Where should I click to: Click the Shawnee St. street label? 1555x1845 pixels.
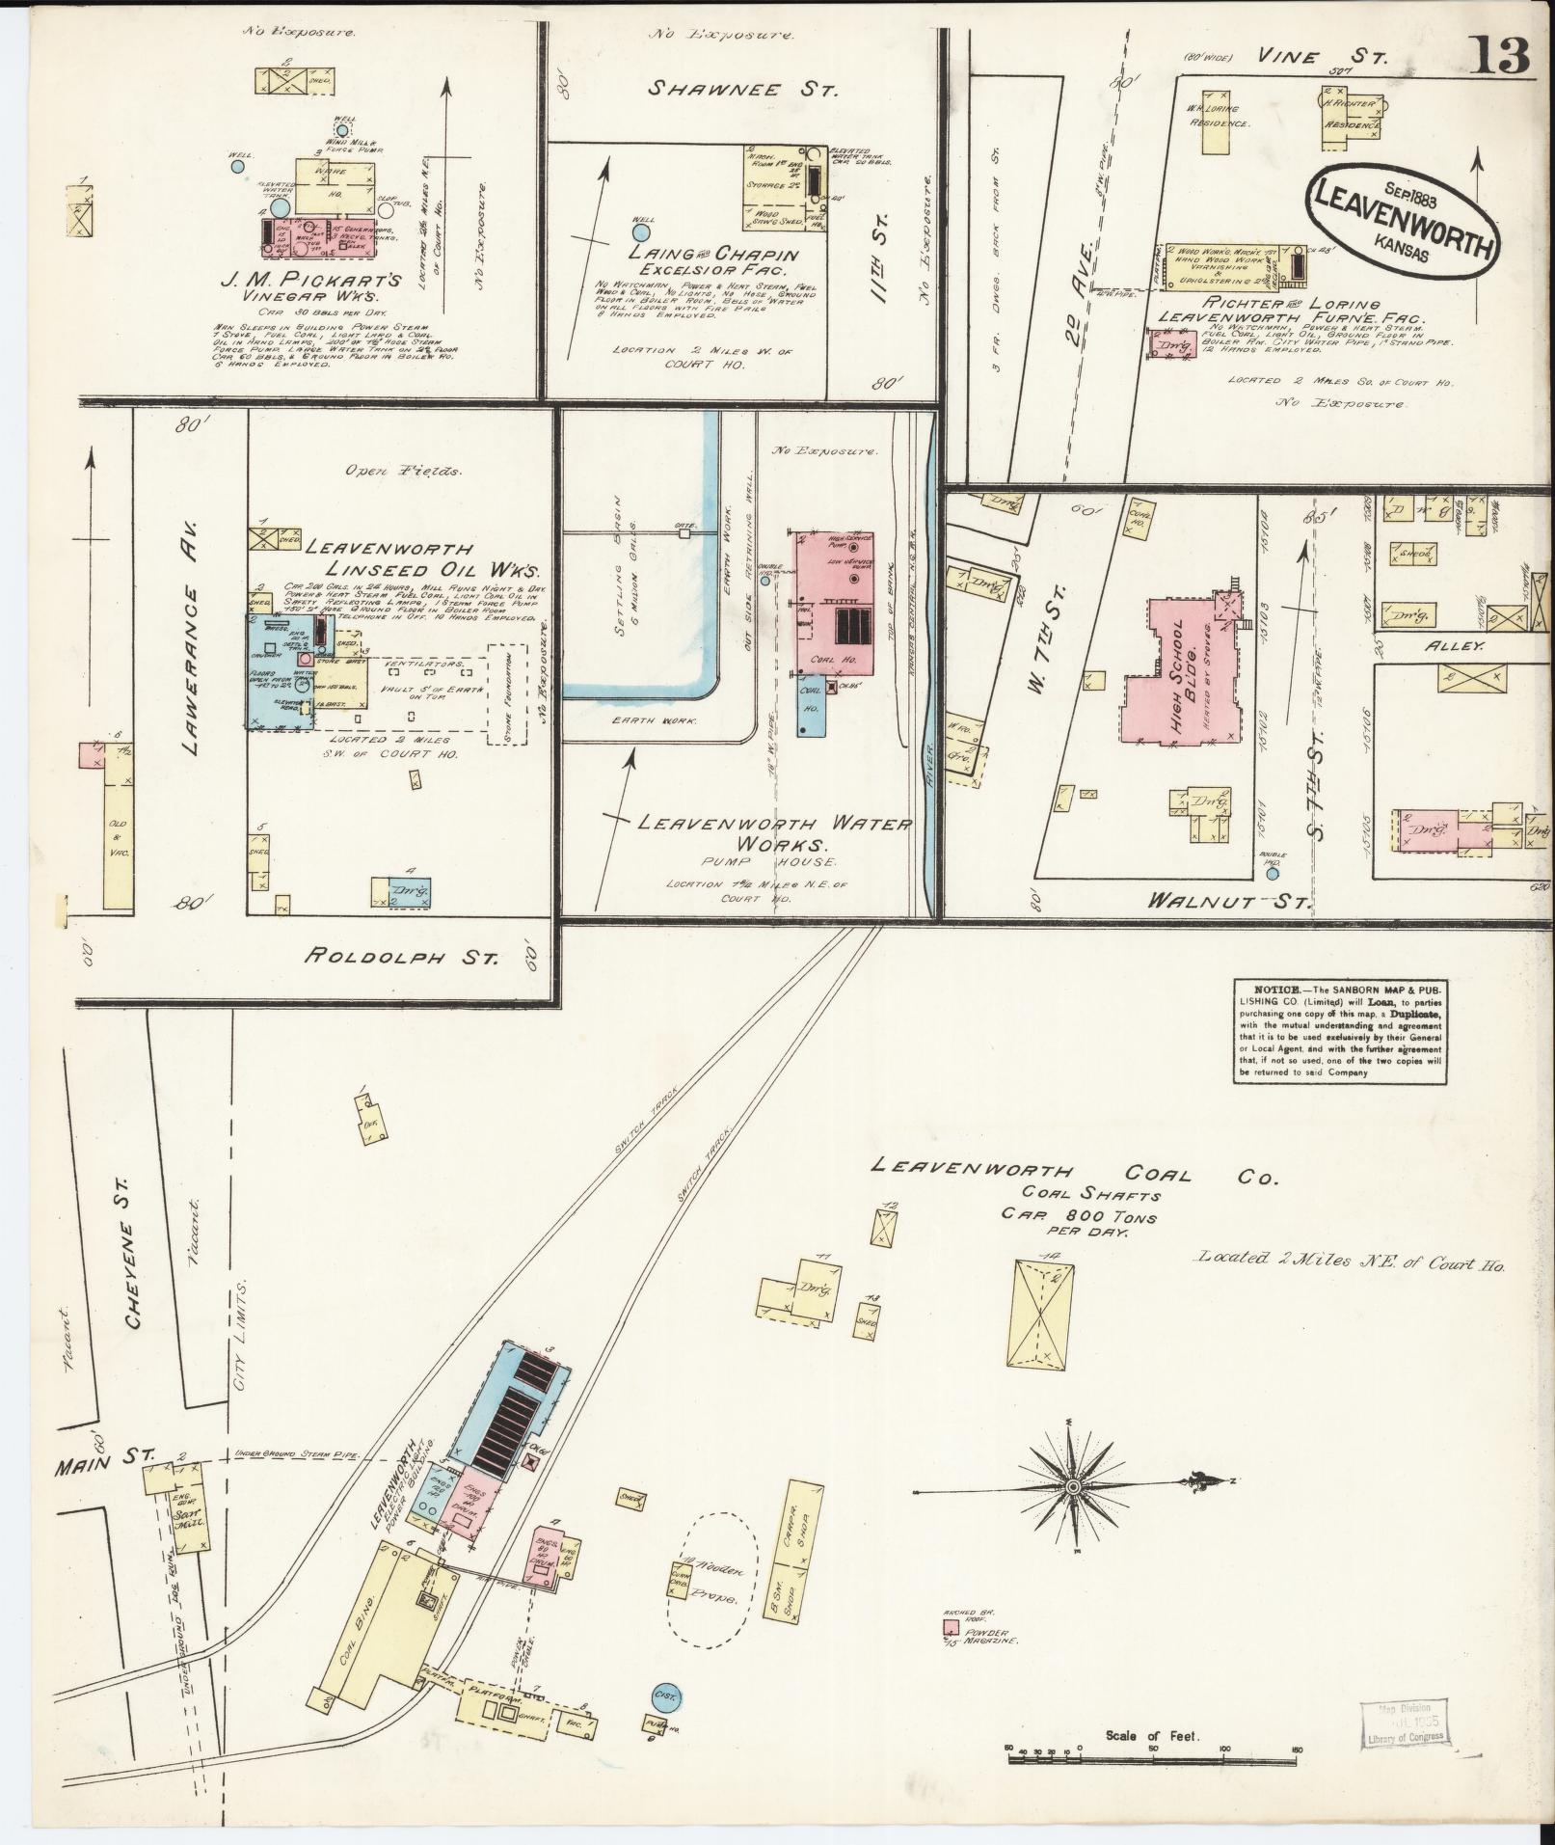coord(742,90)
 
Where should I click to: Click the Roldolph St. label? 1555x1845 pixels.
coord(402,958)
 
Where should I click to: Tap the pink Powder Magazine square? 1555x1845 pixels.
coord(951,1626)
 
